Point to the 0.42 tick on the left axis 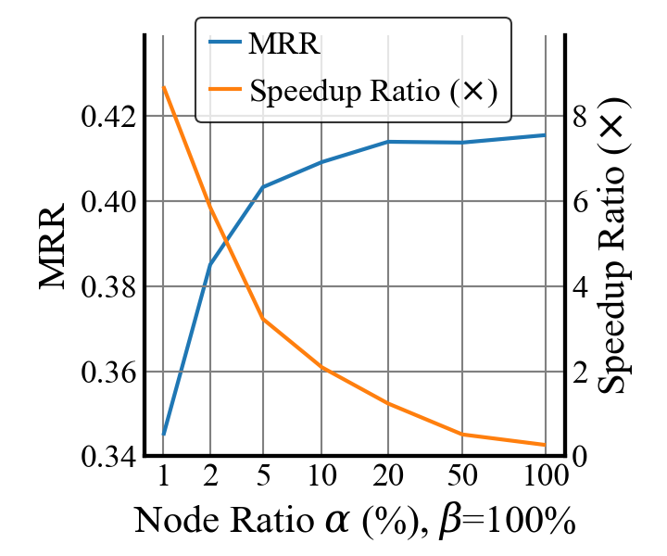(x=108, y=117)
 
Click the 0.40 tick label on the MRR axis (x=108, y=202)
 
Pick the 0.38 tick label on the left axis (x=108, y=287)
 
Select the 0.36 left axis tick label (x=108, y=373)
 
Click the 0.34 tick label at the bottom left (x=108, y=457)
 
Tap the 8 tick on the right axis (x=580, y=117)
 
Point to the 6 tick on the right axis (x=580, y=202)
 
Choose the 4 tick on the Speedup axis (x=580, y=287)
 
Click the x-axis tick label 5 (x=263, y=478)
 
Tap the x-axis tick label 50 (x=462, y=478)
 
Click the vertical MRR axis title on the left (x=54, y=246)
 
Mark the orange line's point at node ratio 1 (x=164, y=86)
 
